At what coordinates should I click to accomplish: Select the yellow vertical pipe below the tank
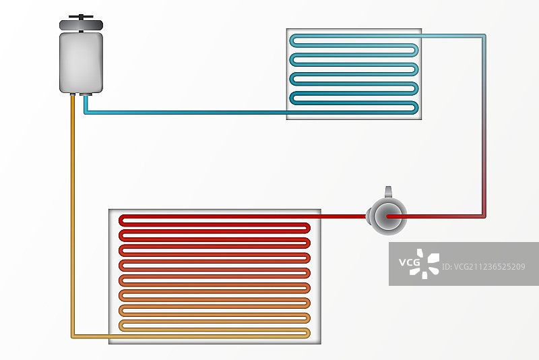click(x=72, y=216)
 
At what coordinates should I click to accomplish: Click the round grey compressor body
click(x=389, y=216)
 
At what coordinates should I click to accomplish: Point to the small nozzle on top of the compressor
click(x=388, y=192)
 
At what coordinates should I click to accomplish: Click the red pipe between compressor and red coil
click(x=344, y=217)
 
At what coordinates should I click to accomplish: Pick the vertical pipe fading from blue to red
click(x=484, y=128)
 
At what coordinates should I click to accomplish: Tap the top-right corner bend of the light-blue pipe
click(x=483, y=36)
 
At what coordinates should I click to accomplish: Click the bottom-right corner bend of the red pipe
click(x=483, y=216)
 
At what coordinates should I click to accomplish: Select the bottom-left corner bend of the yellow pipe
click(x=73, y=335)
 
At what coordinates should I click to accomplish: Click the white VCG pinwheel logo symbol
click(x=428, y=264)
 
